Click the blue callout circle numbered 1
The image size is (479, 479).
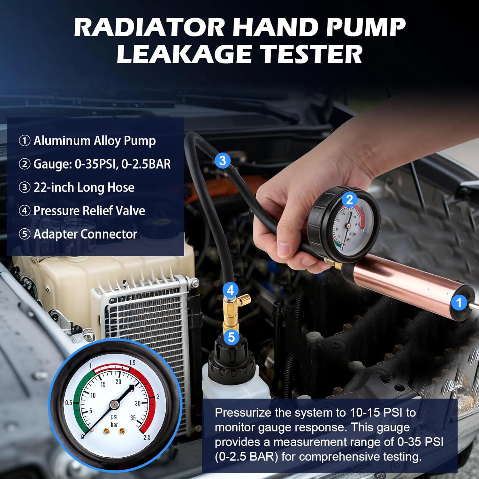point(459,302)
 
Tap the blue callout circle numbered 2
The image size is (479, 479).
point(349,200)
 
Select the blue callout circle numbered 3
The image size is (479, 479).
point(223,160)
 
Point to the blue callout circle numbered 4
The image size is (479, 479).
point(230,290)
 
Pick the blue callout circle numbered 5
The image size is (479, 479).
point(231,337)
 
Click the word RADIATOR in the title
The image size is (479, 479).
point(149,27)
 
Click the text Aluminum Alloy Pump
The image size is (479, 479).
point(95,141)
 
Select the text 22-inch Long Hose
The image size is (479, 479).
point(84,187)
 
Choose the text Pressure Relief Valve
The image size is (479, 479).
point(89,211)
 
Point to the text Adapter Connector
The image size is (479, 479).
point(85,234)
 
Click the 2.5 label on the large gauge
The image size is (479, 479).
point(147,437)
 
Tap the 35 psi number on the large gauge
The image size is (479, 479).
point(133,418)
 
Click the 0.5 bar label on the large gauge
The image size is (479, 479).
point(68,403)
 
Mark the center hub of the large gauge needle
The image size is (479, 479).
point(114,405)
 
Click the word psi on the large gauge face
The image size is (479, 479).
point(114,416)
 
